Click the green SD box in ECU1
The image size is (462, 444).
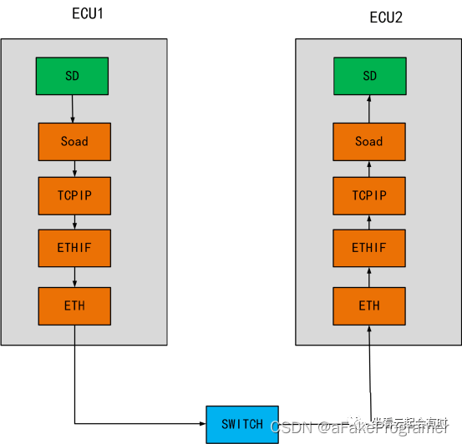click(x=72, y=76)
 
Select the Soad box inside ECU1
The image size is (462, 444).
click(x=74, y=141)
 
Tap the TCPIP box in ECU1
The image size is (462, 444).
click(x=74, y=196)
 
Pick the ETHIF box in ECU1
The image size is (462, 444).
click(x=74, y=248)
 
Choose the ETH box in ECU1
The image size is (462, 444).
click(x=74, y=305)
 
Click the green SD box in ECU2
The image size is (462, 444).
click(x=369, y=76)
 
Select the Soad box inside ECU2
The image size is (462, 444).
click(x=369, y=141)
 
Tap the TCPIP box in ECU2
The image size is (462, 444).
click(x=369, y=196)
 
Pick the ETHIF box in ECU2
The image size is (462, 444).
click(x=369, y=248)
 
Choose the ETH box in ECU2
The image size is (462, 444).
click(x=369, y=305)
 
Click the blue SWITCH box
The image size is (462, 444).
click(x=241, y=424)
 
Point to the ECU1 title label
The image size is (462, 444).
click(x=88, y=14)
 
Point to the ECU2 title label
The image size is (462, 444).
click(x=386, y=18)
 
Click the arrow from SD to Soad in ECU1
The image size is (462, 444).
click(x=73, y=108)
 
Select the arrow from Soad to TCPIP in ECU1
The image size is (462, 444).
click(x=74, y=169)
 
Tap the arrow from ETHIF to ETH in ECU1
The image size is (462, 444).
click(x=74, y=276)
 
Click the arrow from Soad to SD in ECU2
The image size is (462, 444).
click(x=369, y=108)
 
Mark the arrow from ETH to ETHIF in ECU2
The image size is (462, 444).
click(x=369, y=276)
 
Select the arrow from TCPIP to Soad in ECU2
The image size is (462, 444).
click(x=369, y=169)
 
